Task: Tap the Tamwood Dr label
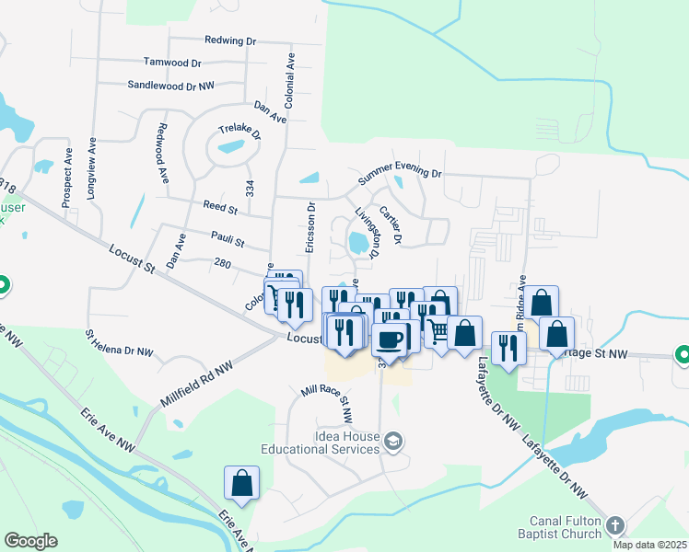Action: click(172, 63)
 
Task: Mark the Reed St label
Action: click(220, 210)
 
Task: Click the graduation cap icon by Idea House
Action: click(394, 442)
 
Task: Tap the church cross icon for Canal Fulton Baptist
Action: click(615, 525)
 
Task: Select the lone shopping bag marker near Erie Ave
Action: click(241, 483)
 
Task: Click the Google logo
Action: click(30, 541)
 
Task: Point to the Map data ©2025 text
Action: click(648, 545)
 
